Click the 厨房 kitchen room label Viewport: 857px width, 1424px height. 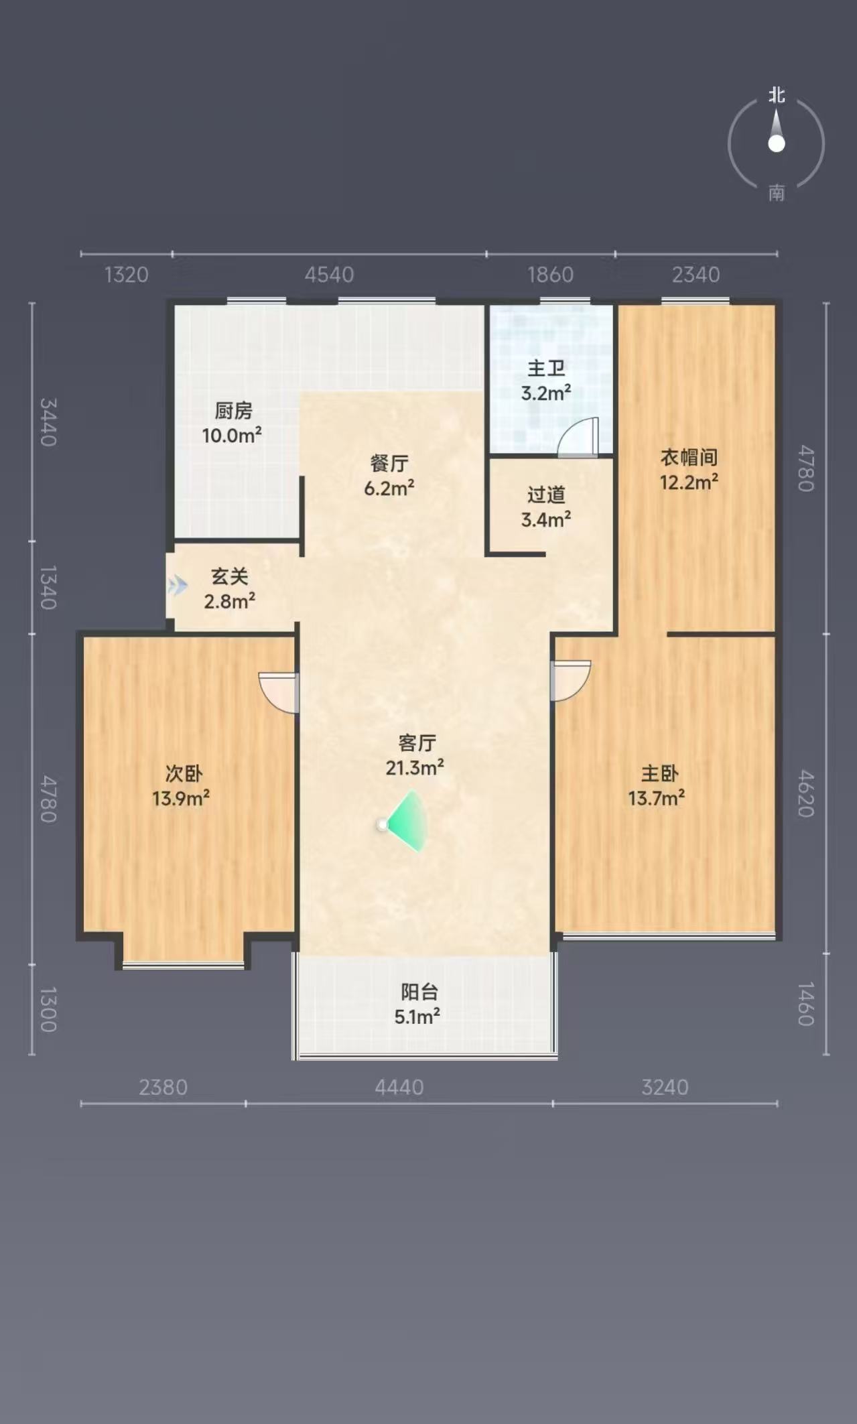point(233,410)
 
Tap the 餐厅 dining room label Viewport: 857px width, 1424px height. point(389,463)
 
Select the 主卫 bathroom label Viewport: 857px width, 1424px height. point(546,368)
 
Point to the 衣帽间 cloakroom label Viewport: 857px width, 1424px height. point(689,457)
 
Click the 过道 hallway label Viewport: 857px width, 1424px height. point(546,495)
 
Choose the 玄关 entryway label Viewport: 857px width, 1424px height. point(230,576)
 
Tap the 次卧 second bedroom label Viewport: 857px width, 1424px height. point(184,773)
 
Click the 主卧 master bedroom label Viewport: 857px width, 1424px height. point(660,773)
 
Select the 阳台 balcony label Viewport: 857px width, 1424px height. point(419,992)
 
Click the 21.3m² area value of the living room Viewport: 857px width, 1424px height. point(415,767)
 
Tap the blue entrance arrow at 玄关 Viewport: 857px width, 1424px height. point(177,586)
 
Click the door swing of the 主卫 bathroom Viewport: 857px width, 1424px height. point(578,437)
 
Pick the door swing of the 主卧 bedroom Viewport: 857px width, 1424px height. point(570,681)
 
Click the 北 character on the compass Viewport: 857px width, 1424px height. point(777,95)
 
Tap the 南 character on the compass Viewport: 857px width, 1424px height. point(777,193)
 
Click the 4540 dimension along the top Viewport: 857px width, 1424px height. point(329,275)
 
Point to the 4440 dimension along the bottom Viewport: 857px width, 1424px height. point(399,1087)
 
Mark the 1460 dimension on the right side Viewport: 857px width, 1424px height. point(806,1004)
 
